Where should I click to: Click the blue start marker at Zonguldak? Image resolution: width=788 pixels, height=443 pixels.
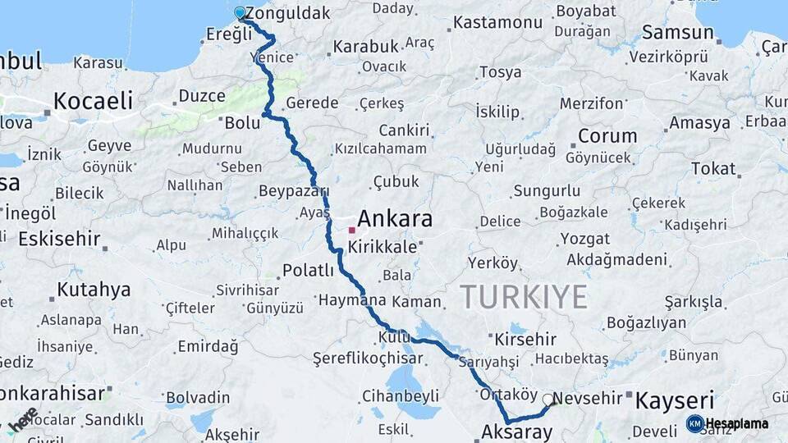pos(240,13)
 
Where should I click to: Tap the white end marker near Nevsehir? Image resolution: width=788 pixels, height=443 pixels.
pos(547,400)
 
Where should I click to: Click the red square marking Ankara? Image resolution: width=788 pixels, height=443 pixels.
pos(351,231)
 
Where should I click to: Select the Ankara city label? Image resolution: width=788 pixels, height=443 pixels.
pos(395,219)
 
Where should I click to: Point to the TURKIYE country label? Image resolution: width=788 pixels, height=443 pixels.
pos(523,295)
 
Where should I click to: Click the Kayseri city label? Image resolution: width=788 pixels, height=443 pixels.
pos(675,400)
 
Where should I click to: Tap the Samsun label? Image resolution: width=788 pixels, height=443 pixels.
pos(677,33)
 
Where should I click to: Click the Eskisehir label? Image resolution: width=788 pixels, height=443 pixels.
pos(59,240)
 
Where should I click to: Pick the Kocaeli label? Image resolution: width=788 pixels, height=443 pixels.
pos(93,101)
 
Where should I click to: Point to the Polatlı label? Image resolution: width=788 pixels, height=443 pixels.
pos(308,270)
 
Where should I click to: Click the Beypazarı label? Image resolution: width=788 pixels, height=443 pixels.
pos(293,190)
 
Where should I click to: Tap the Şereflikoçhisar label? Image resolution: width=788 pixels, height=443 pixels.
pos(368,358)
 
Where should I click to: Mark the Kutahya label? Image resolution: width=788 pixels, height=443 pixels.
pos(94,290)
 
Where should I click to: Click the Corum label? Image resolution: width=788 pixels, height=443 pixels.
pos(607,136)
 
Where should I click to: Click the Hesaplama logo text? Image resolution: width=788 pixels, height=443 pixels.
pos(737,424)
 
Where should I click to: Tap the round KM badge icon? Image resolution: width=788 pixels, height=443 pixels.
pos(694,424)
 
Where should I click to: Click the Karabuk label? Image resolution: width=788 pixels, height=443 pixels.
pos(366,47)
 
